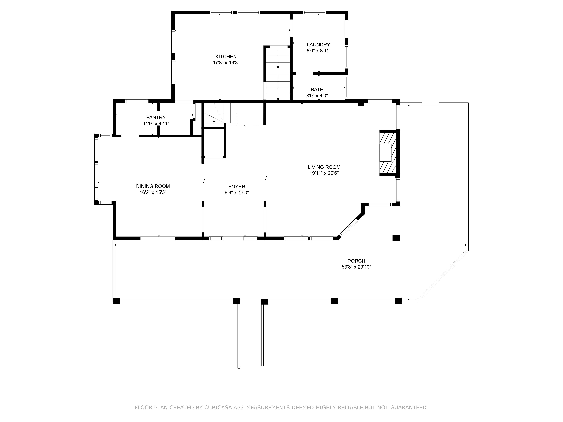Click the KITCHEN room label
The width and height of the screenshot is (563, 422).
[x=226, y=56]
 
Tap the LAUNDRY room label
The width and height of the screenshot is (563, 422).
[x=318, y=45]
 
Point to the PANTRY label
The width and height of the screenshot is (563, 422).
[x=156, y=117]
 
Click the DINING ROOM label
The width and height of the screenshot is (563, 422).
[x=153, y=186]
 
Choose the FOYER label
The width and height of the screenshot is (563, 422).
[x=237, y=187]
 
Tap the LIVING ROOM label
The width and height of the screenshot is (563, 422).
[x=324, y=167]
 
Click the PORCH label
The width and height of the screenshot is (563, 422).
[x=356, y=261]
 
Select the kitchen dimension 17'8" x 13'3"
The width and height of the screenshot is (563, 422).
[x=226, y=63]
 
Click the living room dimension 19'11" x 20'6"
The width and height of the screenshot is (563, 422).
[x=324, y=173]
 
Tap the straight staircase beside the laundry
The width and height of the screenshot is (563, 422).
[x=278, y=74]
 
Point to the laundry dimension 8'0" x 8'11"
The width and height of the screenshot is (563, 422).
[x=318, y=51]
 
